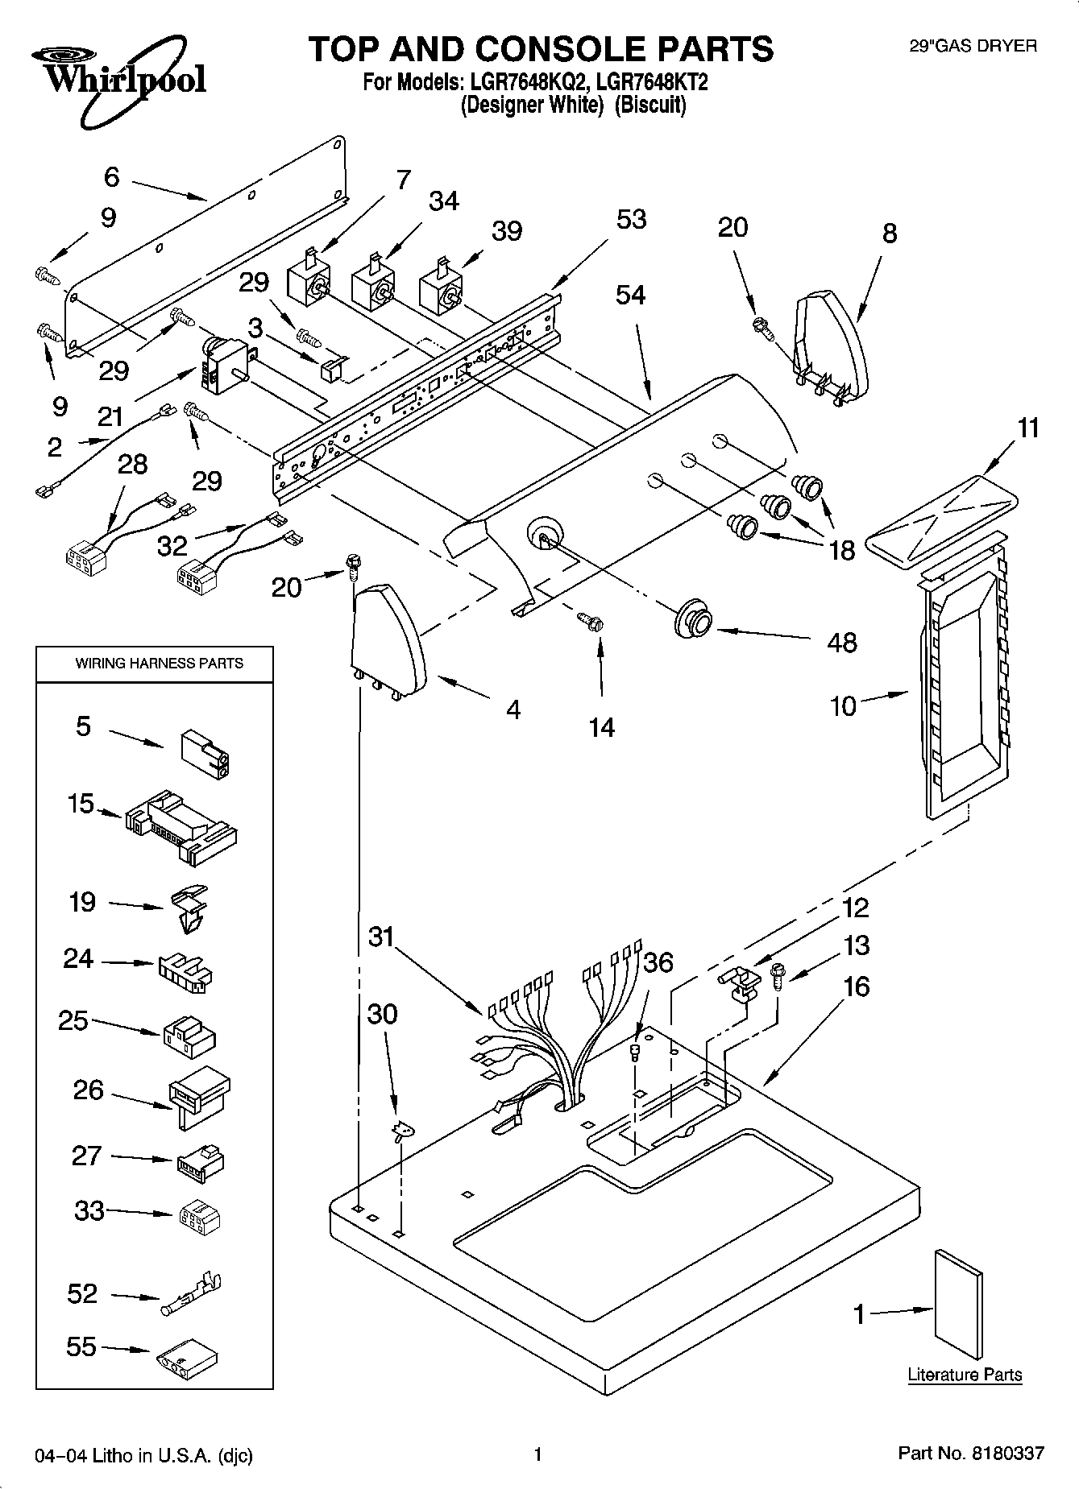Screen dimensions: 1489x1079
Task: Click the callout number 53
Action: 631,219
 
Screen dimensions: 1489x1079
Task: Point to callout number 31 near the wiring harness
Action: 381,937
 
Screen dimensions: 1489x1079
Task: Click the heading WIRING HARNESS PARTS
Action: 159,664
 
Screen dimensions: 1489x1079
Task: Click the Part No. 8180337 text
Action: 970,1454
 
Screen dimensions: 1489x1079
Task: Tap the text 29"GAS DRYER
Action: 973,47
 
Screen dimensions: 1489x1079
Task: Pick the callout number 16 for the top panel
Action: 857,986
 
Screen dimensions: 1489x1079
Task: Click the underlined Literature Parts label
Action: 965,1375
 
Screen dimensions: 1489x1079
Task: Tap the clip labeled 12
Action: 739,983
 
